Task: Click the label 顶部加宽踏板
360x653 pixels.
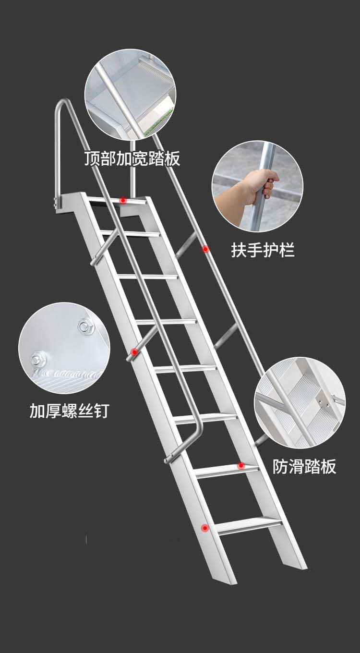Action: click(132, 158)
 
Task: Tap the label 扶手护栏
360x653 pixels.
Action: click(263, 250)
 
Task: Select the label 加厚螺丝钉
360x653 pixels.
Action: click(69, 411)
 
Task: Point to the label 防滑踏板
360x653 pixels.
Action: click(305, 466)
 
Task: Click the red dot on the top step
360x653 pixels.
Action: click(123, 200)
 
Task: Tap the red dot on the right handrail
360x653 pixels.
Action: click(205, 249)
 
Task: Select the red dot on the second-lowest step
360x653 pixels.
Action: click(241, 465)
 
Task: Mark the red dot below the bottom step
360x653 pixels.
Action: click(205, 528)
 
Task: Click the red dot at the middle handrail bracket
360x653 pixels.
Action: click(134, 352)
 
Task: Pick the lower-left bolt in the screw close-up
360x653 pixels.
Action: click(38, 358)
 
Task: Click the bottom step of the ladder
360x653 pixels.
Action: click(250, 525)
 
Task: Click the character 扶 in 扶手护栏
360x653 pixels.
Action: click(239, 250)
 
